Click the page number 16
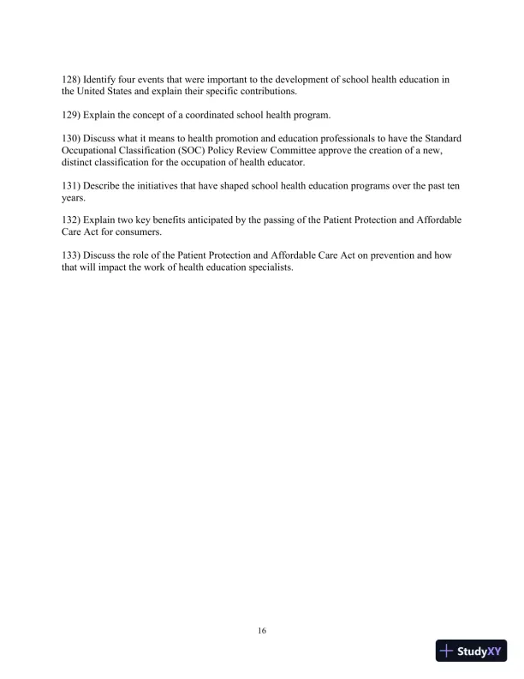pyautogui.click(x=262, y=631)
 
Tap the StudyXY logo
pyautogui.click(x=472, y=652)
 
